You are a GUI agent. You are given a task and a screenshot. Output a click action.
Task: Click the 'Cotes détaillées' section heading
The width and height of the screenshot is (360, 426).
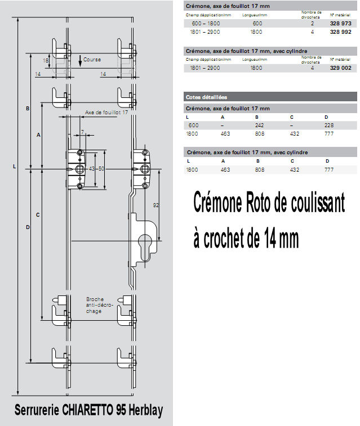coord(206,97)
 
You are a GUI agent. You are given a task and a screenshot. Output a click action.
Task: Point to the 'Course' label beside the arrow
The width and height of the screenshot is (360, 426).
coord(92,59)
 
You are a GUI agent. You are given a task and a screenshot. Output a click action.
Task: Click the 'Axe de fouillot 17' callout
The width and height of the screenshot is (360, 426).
coord(106,113)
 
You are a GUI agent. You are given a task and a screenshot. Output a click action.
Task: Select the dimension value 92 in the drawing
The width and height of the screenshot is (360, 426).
coord(155,205)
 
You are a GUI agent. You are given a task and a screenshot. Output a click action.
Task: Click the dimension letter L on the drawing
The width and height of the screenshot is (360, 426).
coord(14,166)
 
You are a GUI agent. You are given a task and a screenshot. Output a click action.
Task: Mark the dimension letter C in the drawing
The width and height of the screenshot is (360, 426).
coord(38,214)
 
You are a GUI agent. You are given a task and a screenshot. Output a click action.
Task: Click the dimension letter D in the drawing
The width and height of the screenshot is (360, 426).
coord(27,227)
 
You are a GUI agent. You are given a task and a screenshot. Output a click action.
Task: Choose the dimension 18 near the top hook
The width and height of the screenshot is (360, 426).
coord(46,60)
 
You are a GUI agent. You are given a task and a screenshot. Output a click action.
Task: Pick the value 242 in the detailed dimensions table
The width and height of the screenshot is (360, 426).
coord(260,125)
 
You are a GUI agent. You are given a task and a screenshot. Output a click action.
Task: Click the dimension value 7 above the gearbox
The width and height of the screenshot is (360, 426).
coord(82,132)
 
